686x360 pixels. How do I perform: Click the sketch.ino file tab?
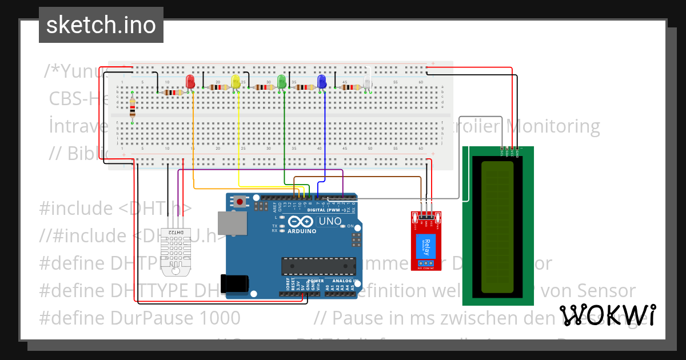point(101,25)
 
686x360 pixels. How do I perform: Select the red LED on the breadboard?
point(190,81)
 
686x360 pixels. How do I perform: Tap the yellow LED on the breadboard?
point(236,81)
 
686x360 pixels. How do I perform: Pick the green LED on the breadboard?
point(281,81)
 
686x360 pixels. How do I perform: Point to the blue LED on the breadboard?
point(322,81)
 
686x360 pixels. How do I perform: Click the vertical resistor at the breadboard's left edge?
point(133,107)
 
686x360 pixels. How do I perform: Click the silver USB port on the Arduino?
point(232,223)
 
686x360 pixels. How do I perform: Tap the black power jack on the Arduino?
point(237,283)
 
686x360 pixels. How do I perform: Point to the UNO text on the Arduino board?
point(329,221)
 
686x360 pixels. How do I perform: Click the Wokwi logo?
point(607,315)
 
